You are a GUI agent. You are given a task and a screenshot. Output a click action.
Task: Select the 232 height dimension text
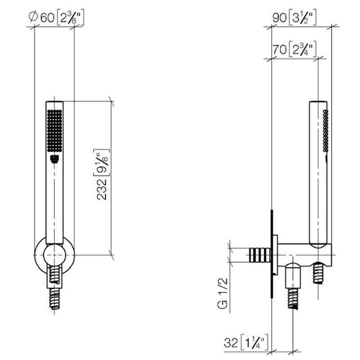[x=102, y=189]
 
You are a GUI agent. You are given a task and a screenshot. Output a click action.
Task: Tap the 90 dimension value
[x=279, y=18]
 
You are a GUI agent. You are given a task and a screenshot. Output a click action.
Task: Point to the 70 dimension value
[x=279, y=49]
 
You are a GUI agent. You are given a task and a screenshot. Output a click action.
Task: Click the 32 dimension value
[x=231, y=343]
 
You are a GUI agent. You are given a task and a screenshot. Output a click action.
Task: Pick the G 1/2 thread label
[x=222, y=293]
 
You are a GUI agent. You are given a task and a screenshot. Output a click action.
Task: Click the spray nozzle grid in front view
[x=54, y=130]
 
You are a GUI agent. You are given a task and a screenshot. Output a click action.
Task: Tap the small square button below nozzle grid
[x=54, y=159]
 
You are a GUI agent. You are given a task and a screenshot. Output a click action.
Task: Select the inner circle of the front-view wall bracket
[x=54, y=255]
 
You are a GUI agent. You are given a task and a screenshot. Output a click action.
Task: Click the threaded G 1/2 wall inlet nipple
[x=260, y=255]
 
